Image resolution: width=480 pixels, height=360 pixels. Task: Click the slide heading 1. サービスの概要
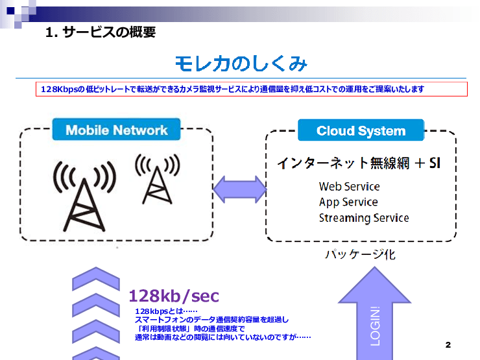coord(101,31)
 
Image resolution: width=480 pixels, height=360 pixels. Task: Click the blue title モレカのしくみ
coord(241,64)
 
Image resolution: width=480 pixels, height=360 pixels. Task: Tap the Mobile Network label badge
coord(117,130)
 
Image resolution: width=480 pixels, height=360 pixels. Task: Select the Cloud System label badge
coord(361,130)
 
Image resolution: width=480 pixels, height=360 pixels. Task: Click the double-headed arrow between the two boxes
coord(239,189)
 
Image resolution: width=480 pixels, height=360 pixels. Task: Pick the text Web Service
coord(349,186)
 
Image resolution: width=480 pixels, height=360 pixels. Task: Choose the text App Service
coord(348,202)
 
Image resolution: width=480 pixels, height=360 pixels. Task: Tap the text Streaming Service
coord(364,218)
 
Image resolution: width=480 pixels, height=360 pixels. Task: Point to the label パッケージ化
coord(360,255)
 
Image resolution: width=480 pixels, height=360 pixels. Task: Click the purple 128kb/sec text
coord(174,296)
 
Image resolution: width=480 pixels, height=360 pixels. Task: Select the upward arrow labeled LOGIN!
coord(375,318)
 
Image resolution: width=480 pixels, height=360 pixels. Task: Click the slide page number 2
coord(448,344)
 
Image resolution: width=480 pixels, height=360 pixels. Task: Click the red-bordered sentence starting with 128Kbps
coord(232,90)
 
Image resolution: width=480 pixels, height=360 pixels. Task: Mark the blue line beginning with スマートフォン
coord(211,320)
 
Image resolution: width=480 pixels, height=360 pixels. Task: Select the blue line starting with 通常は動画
coord(222,337)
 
